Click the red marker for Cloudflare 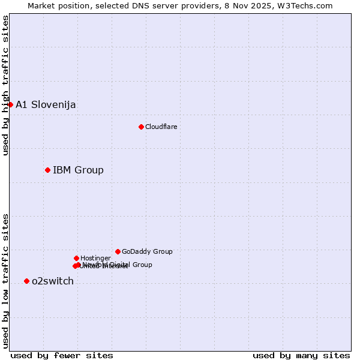click(x=141, y=127)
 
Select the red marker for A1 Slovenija click(x=10, y=104)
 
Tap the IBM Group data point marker click(x=47, y=170)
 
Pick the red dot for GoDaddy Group click(x=118, y=251)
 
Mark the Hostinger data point click(x=76, y=258)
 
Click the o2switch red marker click(x=26, y=281)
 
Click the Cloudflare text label click(x=161, y=127)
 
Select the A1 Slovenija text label click(x=46, y=104)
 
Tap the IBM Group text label click(x=78, y=170)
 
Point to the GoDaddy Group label click(x=147, y=251)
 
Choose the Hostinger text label click(x=95, y=258)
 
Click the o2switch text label click(x=53, y=281)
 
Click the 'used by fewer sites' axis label click(x=62, y=355)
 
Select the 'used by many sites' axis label click(x=301, y=355)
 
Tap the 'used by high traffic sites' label click(x=5, y=85)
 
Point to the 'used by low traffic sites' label click(x=5, y=280)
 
